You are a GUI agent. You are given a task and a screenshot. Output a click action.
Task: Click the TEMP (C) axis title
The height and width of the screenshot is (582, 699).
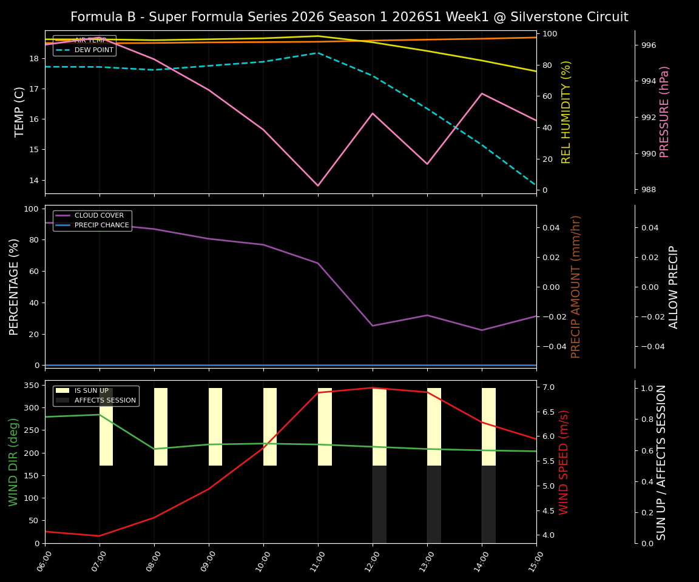click(20, 112)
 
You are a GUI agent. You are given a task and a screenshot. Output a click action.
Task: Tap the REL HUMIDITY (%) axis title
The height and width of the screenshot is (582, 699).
click(566, 112)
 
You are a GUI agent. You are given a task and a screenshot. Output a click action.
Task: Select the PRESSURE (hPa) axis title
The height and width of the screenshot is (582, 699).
click(664, 112)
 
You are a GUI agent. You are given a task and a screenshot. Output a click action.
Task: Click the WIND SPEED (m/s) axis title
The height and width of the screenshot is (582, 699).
click(564, 462)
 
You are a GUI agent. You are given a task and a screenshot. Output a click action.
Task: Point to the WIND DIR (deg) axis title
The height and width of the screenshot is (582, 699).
click(13, 462)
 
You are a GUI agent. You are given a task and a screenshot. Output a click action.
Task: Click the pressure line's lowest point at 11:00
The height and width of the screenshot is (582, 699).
click(317, 186)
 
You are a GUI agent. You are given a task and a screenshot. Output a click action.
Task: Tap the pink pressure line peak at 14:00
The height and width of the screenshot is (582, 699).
click(482, 93)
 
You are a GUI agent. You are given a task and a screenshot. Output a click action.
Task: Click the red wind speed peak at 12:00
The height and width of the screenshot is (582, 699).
click(373, 387)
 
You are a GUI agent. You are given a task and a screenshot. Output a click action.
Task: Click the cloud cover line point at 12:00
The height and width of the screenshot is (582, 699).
click(373, 326)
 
